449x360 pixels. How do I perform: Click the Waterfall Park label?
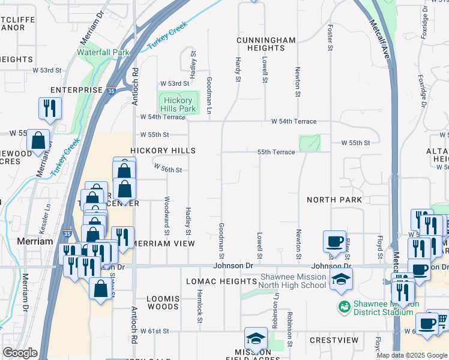click(x=103, y=52)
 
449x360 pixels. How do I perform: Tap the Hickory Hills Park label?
click(x=179, y=104)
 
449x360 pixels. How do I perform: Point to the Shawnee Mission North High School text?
click(x=292, y=281)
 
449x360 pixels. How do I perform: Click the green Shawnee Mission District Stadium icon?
click(x=344, y=307)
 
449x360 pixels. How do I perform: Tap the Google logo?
click(x=20, y=353)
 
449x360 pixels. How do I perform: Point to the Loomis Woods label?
click(x=163, y=302)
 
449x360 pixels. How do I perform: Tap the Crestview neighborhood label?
click(x=334, y=340)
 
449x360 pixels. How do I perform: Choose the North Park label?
click(x=334, y=199)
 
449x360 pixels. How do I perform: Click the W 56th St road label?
click(x=167, y=170)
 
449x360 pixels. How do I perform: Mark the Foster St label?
click(x=330, y=37)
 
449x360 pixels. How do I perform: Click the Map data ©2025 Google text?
click(x=412, y=355)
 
